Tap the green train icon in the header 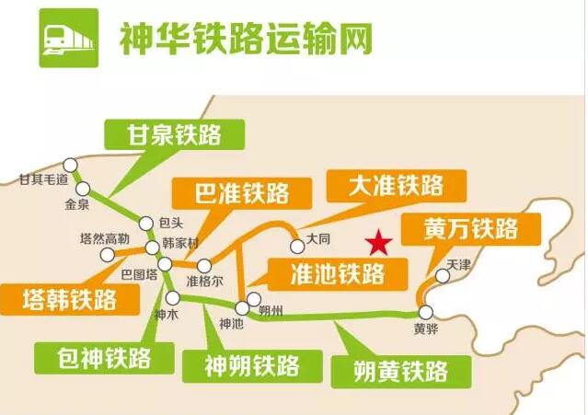click(69, 39)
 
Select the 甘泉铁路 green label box click(174, 134)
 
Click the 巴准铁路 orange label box click(242, 193)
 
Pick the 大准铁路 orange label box click(397, 186)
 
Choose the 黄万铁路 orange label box click(471, 229)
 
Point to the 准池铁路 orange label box click(338, 274)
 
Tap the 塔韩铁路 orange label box click(70, 299)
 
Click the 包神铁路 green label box click(104, 358)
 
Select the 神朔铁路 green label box click(252, 366)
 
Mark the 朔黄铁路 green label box click(401, 372)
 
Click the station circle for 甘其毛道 click(70, 165)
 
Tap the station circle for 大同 click(297, 247)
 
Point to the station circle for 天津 click(443, 276)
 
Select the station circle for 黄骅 click(426, 312)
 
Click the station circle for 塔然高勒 click(107, 255)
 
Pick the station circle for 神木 click(173, 298)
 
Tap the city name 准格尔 click(205, 282)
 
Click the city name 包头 click(171, 223)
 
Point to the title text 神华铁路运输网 click(246, 39)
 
